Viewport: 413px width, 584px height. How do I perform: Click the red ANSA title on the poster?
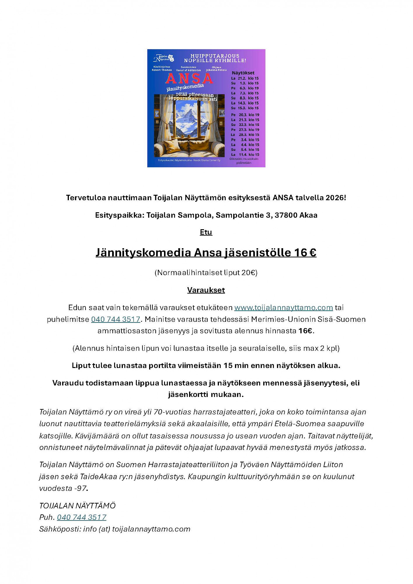pyautogui.click(x=189, y=79)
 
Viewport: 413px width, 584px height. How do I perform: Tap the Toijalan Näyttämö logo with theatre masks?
pyautogui.click(x=164, y=58)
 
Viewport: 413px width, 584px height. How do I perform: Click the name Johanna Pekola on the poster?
pyautogui.click(x=216, y=70)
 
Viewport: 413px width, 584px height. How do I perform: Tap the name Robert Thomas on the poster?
pyautogui.click(x=162, y=70)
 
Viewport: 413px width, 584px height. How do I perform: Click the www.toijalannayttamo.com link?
pyautogui.click(x=283, y=307)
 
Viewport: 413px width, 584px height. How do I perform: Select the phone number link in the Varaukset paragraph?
pyautogui.click(x=116, y=319)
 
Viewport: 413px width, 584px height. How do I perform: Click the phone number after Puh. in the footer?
pyautogui.click(x=81, y=517)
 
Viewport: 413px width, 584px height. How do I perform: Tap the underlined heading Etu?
pyautogui.click(x=206, y=232)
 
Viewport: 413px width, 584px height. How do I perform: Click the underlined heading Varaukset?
pyautogui.click(x=206, y=290)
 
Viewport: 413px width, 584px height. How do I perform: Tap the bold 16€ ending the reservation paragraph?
pyautogui.click(x=305, y=331)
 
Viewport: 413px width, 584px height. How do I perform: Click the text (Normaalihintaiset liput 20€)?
pyautogui.click(x=206, y=272)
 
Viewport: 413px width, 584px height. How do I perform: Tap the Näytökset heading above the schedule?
pyautogui.click(x=243, y=73)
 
